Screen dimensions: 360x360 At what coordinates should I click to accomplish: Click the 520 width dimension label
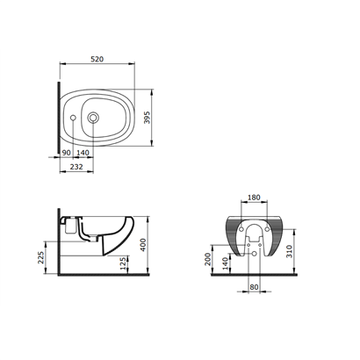[97, 59]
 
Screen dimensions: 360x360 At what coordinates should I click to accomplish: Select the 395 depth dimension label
[147, 118]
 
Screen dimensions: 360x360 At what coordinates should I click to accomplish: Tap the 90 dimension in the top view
[67, 153]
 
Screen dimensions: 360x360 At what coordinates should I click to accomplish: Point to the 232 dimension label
[76, 167]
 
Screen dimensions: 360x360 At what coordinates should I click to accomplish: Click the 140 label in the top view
[83, 153]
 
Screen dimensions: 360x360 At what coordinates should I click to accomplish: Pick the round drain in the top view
[93, 118]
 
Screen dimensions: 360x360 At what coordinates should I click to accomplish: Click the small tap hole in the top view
[73, 118]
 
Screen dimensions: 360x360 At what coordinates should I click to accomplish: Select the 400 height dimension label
[143, 245]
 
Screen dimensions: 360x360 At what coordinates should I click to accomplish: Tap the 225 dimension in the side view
[41, 257]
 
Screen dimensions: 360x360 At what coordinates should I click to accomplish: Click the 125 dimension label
[124, 263]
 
